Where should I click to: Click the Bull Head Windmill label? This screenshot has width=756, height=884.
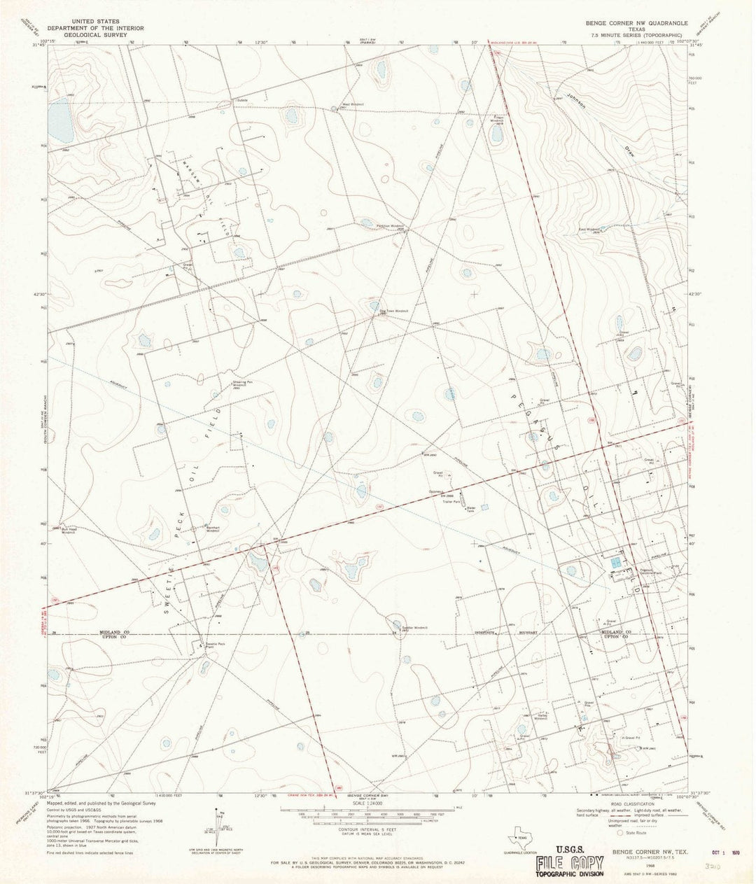coord(72,530)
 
